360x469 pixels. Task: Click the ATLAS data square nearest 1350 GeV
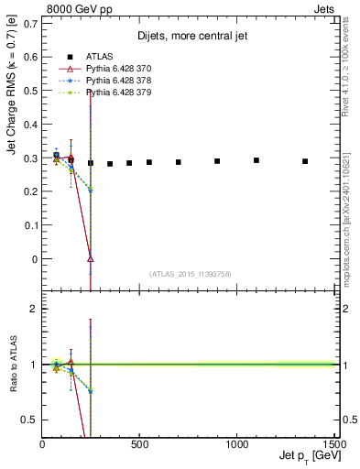(305, 161)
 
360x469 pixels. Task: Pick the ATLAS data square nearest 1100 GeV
(256, 160)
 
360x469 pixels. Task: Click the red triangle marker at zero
(90, 258)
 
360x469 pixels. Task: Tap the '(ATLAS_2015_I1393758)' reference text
(190, 273)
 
